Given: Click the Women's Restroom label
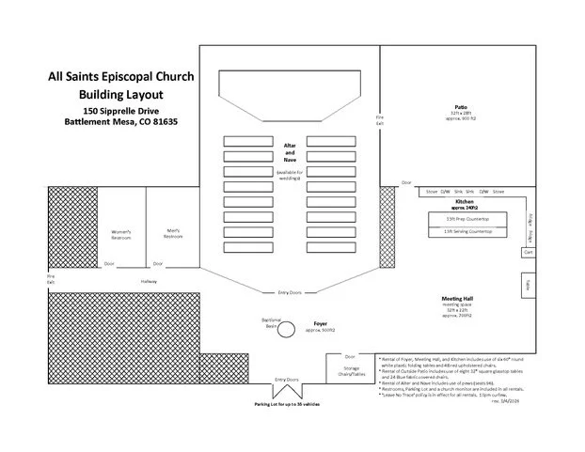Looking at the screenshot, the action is click(120, 235).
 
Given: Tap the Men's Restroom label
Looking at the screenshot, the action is click(172, 233).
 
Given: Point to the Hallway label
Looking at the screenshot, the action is click(149, 281).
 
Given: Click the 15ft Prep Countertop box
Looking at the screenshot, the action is click(460, 218).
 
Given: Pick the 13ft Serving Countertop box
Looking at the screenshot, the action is click(460, 231).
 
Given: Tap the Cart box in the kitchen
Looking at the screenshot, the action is click(528, 253).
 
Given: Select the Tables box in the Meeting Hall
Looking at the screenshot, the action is click(530, 285).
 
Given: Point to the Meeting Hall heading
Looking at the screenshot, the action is click(457, 298).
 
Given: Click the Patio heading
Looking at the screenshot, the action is click(459, 107).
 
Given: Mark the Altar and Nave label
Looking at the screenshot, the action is click(290, 153).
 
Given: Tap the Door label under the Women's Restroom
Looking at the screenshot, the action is click(109, 263).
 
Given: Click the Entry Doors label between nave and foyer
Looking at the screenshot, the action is click(290, 292).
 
